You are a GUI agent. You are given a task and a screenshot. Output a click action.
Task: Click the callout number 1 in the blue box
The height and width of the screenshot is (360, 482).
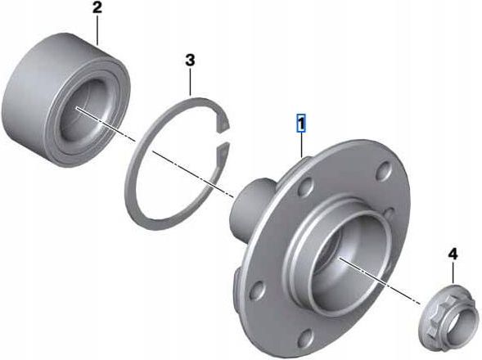pos(301,124)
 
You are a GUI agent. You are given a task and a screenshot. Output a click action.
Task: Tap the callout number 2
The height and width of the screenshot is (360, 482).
pos(97,7)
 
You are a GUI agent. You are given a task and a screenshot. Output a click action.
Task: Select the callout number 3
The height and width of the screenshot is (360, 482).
pos(191,60)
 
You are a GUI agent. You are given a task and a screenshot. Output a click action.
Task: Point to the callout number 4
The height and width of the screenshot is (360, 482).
pos(453,254)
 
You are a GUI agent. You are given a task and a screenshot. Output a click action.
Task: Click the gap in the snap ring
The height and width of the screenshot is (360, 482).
pos(223,137)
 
